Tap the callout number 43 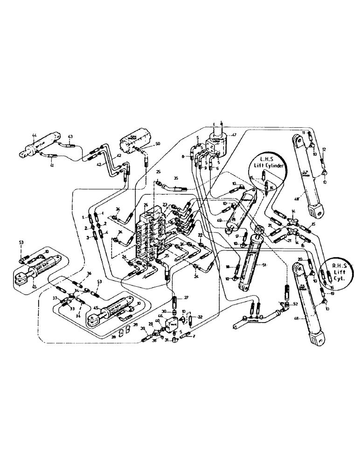click(x=70, y=137)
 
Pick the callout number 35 click(x=176, y=178)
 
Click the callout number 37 click(x=54, y=299)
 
